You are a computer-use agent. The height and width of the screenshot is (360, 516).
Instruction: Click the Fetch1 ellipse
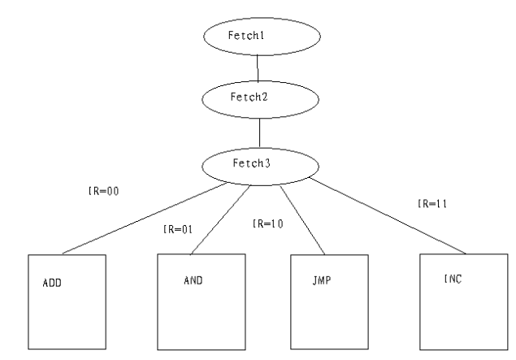[258, 37]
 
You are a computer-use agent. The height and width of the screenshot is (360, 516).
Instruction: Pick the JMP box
[323, 301]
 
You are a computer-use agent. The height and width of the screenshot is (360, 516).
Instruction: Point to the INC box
[453, 301]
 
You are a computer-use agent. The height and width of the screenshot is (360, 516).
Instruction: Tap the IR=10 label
[267, 222]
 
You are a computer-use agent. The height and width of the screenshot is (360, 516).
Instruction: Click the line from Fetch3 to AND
[218, 219]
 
